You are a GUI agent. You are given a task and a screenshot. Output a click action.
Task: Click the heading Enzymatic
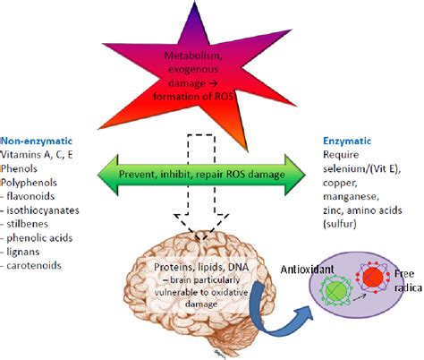(347, 141)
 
